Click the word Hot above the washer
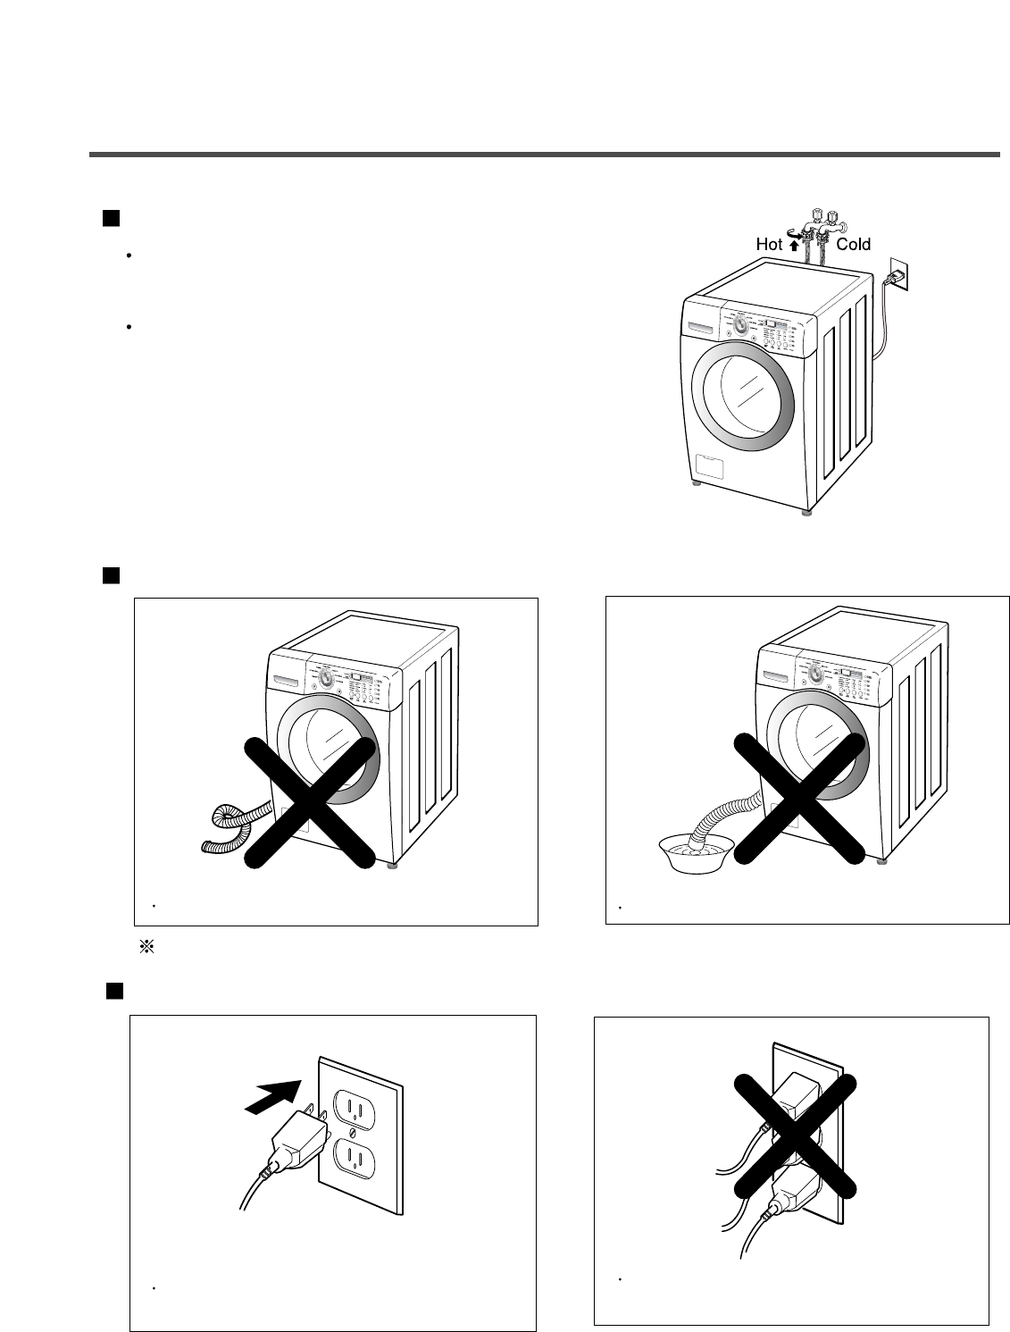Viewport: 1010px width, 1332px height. [769, 244]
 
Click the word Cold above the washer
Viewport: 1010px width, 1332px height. [853, 244]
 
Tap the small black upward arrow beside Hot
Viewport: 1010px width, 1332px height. [794, 245]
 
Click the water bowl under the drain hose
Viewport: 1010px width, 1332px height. [690, 845]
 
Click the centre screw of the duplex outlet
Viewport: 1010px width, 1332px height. [356, 1134]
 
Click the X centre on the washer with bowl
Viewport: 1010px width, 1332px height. [800, 799]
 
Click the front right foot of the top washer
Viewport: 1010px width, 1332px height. [806, 514]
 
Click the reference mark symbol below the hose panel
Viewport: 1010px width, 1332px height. [148, 948]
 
